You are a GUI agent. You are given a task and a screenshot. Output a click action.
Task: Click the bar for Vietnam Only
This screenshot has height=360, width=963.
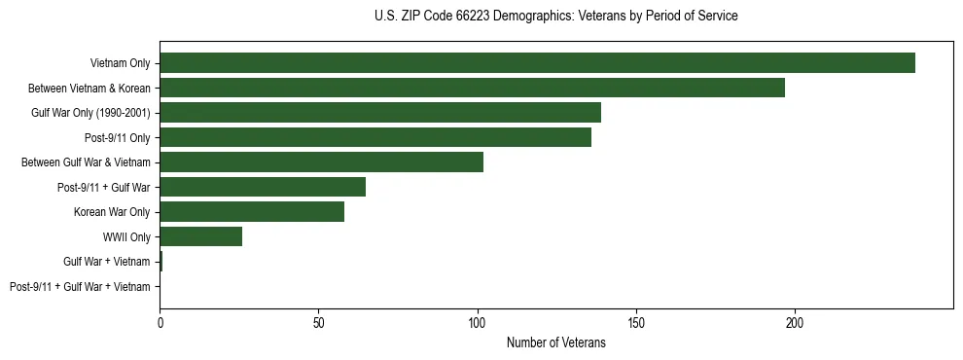[537, 63]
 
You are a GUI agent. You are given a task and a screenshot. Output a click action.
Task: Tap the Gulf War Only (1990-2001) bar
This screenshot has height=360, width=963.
[380, 113]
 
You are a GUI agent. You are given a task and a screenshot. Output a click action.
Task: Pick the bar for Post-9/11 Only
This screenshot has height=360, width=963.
[375, 137]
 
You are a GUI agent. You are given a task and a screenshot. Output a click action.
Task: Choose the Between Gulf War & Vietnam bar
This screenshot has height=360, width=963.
[321, 162]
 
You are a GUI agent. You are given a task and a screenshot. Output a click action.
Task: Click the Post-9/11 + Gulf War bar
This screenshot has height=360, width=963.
[263, 187]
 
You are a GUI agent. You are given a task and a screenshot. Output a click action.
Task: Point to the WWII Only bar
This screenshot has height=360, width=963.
[200, 236]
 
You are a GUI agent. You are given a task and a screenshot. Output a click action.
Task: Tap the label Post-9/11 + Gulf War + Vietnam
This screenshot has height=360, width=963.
[80, 287]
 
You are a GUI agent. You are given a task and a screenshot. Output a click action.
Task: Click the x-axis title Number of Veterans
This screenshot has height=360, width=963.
[555, 342]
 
